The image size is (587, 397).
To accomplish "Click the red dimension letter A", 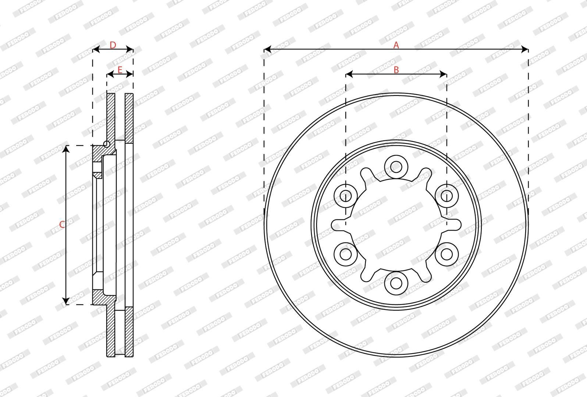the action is (x=396, y=45).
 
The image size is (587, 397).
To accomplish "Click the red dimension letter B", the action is (x=396, y=70).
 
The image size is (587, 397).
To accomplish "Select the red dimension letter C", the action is (x=62, y=225).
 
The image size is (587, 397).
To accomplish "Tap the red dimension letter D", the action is (x=113, y=45).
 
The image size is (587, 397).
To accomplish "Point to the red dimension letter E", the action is (x=120, y=70).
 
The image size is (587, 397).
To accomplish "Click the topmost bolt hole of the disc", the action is (x=396, y=167).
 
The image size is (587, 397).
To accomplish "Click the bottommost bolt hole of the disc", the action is (x=396, y=283).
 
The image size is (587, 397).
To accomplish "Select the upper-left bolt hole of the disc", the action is (x=346, y=196).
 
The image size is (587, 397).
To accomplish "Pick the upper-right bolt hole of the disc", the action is (x=447, y=196).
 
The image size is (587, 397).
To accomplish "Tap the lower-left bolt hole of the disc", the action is (x=346, y=254).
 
